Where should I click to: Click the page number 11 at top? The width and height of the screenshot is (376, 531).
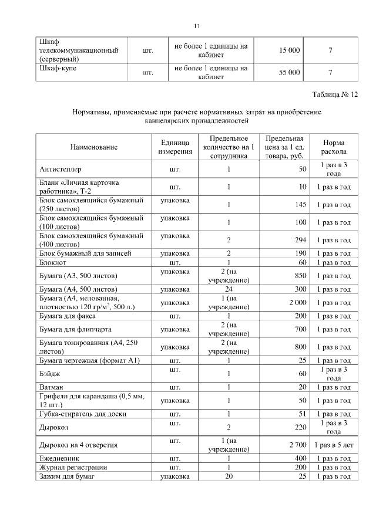pos(197,25)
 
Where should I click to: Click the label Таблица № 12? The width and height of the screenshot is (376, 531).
pos(335,94)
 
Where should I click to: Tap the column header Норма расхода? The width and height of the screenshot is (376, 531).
pos(333,147)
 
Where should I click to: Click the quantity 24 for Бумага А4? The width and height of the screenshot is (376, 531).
pos(228,289)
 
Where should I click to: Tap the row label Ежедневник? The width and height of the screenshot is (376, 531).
pos(59,458)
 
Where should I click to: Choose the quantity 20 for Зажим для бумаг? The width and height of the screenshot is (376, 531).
pos(228,478)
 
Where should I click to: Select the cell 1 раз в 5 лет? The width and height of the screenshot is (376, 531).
pos(333,445)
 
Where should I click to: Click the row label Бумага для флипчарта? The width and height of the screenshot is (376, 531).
pos(75,329)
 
